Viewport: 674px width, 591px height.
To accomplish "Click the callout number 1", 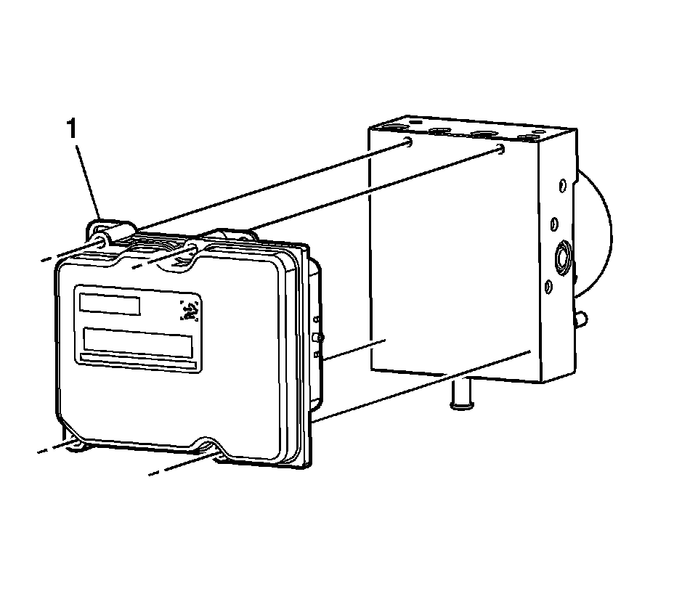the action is click(71, 130).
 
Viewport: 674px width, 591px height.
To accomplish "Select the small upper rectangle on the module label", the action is click(110, 303).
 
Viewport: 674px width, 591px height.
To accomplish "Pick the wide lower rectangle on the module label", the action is click(137, 340).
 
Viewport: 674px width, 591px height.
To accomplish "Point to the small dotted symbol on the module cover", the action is click(190, 311).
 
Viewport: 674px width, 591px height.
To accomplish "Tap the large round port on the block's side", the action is click(562, 258).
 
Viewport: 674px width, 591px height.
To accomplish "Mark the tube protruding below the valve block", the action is click(459, 396).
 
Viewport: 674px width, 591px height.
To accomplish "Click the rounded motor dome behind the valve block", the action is click(596, 232).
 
